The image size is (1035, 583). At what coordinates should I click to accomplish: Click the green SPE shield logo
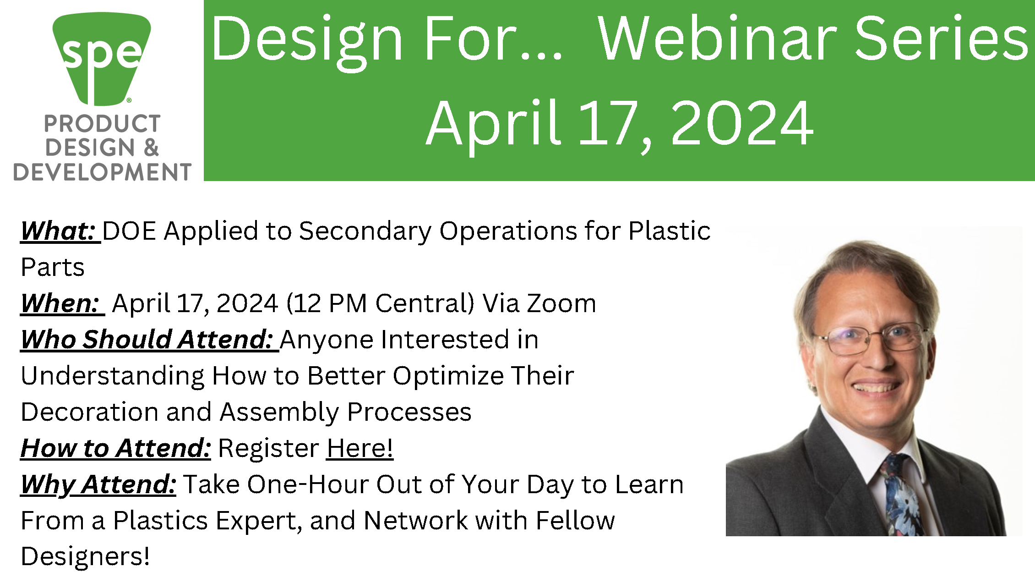[x=102, y=57]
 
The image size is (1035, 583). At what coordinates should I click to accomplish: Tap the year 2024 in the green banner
[x=742, y=124]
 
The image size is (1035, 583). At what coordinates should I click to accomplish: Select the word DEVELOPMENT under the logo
[x=102, y=172]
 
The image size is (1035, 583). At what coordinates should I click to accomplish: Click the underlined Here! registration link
[x=360, y=448]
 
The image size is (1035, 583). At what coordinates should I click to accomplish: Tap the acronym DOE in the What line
[x=129, y=231]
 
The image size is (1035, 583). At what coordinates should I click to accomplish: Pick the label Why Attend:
[x=98, y=484]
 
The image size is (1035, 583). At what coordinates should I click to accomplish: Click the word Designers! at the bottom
[x=85, y=557]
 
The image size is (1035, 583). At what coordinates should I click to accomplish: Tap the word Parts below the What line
[x=53, y=267]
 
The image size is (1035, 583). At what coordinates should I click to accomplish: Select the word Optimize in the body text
[x=448, y=376]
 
